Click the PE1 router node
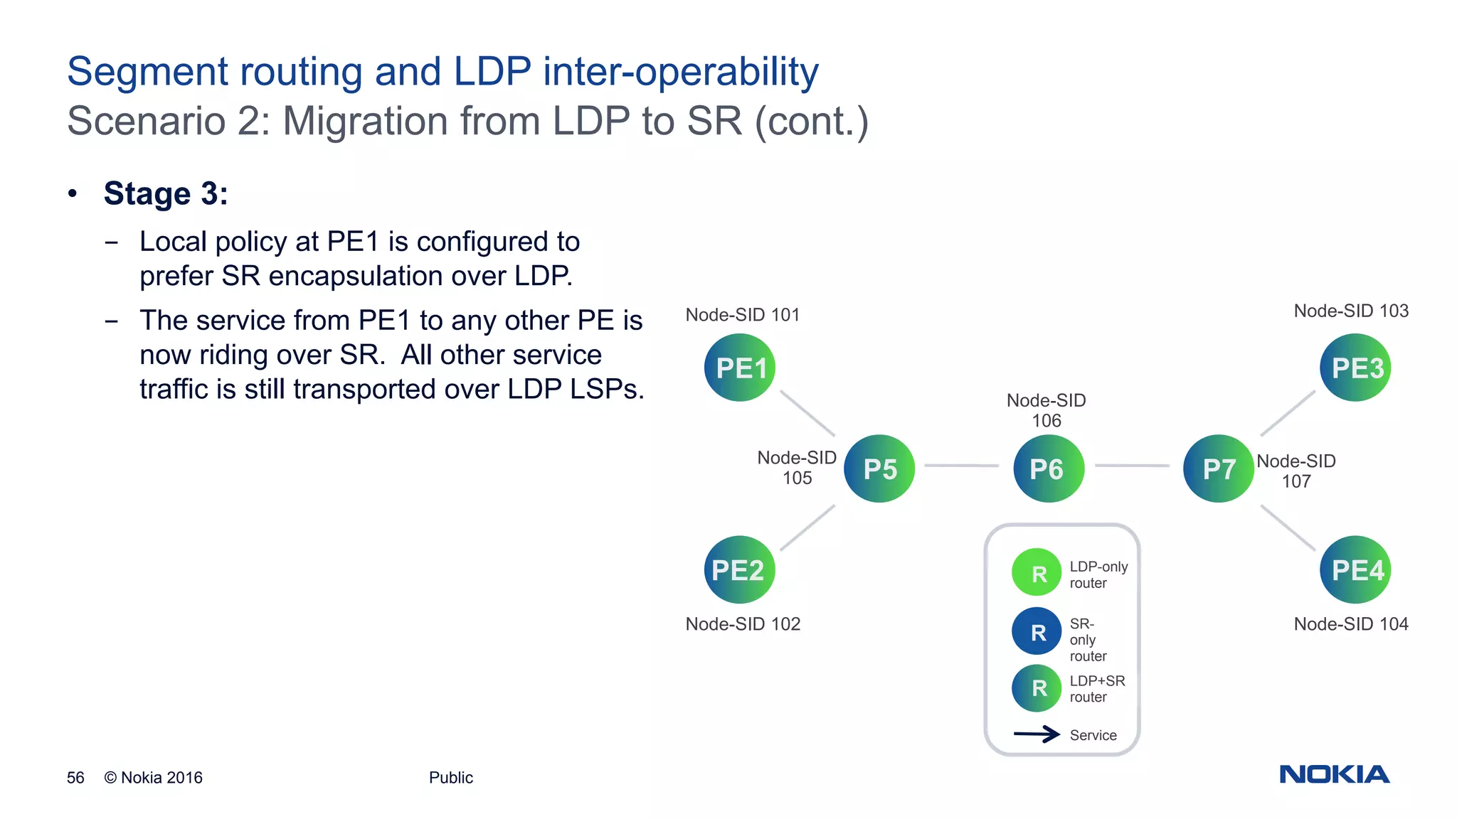pos(739,368)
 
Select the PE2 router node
pos(739,569)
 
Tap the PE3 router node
pos(1355,368)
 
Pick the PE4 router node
pos(1355,569)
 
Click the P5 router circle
pos(879,469)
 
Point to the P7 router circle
pos(1218,469)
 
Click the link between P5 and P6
pos(962,466)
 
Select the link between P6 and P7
pos(1132,466)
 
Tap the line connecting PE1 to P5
pos(807,413)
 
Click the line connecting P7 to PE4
pos(1288,528)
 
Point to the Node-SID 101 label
pos(742,315)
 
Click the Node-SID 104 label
pos(1350,624)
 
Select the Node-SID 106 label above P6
pos(1046,410)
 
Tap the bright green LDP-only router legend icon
pos(1037,572)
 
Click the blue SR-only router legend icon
pos(1037,631)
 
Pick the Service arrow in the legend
pos(1037,734)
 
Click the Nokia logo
pos(1334,774)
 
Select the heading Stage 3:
pos(166,193)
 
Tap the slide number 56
pos(75,778)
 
